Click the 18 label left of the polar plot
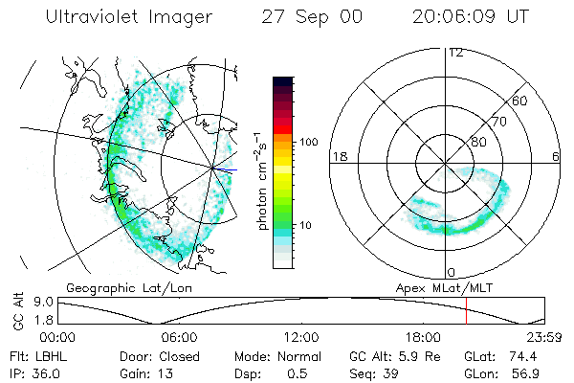point(339,156)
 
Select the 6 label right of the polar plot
point(556,156)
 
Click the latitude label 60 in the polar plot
point(520,101)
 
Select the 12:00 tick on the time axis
point(301,337)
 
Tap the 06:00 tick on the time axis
point(180,337)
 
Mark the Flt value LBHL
point(55,355)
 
